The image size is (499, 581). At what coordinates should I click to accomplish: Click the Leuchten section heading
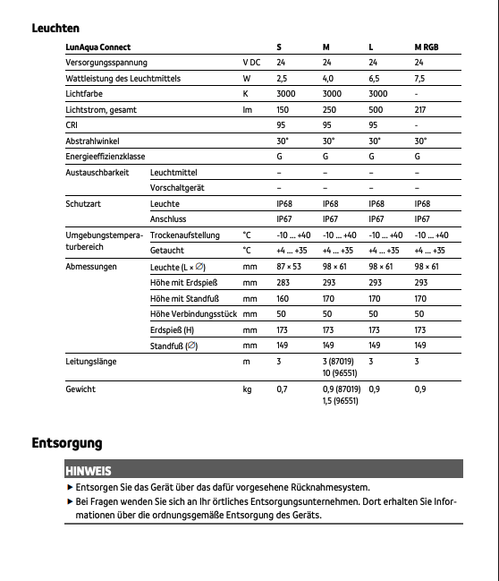pos(55,28)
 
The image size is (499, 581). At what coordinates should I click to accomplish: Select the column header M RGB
pos(426,47)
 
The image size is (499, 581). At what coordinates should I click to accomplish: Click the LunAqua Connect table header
pos(98,47)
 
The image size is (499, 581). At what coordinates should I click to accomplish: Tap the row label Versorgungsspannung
pos(106,63)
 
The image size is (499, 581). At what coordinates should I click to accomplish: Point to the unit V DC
pos(253,63)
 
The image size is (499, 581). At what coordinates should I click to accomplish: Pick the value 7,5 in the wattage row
pos(420,79)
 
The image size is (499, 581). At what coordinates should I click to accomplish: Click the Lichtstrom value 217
pos(421,110)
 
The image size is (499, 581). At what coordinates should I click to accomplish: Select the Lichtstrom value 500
pos(376,110)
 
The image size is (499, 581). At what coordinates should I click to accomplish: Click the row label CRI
pos(72,125)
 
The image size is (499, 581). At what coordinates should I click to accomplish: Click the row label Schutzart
pos(81,204)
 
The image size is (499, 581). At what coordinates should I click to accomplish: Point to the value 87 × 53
pos(288,267)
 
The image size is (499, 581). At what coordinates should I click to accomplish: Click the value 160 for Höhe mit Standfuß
pos(283,298)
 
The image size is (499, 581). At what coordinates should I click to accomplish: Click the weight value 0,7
pos(282,389)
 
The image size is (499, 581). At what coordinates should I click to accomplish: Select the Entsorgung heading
pos(67,443)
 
